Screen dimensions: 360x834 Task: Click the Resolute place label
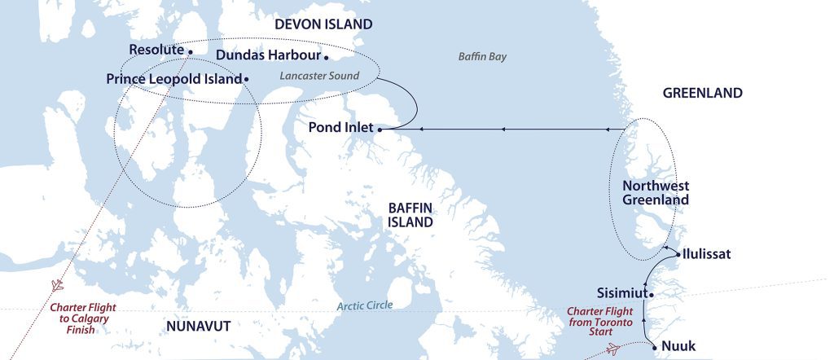(156, 50)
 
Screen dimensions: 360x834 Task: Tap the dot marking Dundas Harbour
(327, 57)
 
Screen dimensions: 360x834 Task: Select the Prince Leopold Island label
(174, 79)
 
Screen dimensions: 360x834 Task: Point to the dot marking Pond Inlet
(380, 129)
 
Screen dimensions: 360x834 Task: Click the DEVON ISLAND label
(323, 24)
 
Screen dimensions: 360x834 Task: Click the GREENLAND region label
(702, 93)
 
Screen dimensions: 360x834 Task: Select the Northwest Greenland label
(655, 192)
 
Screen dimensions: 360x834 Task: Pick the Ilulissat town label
(707, 254)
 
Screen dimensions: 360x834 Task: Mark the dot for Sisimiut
(652, 293)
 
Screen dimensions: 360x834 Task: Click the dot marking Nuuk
(656, 346)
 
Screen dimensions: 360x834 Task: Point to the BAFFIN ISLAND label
(410, 214)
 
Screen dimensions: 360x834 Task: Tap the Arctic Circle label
(365, 305)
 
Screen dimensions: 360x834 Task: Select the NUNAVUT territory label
(198, 326)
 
